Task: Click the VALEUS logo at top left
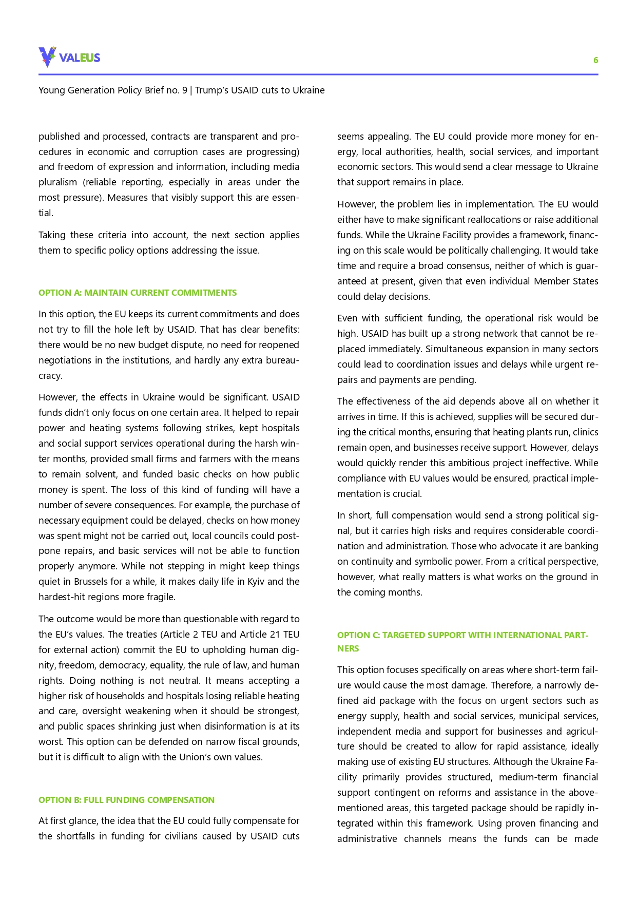click(x=69, y=57)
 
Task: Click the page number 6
click(x=595, y=60)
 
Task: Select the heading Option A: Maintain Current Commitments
click(x=138, y=293)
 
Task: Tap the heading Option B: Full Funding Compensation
click(x=126, y=800)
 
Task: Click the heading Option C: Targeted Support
click(x=462, y=635)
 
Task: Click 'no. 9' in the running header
click(x=175, y=90)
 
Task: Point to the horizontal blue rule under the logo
click(x=318, y=74)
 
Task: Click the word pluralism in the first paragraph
click(x=59, y=182)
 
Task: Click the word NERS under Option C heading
click(x=348, y=648)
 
